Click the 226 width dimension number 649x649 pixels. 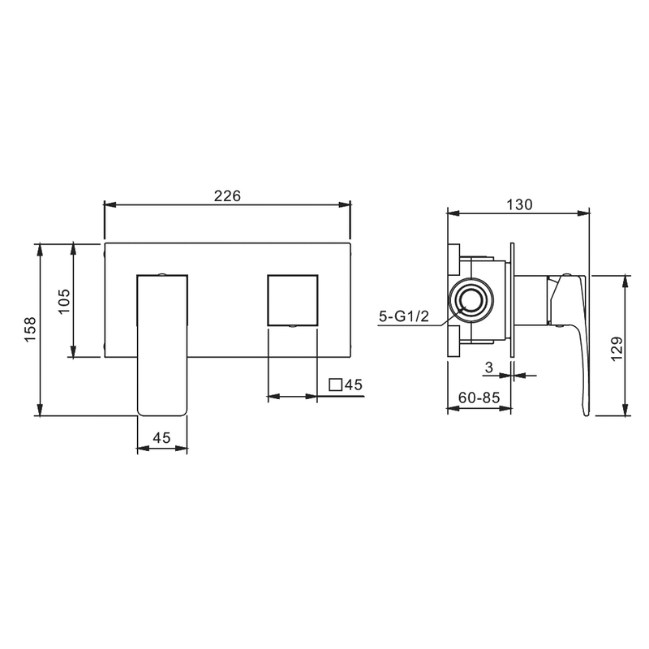coord(227,196)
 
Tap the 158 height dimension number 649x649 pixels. coord(31,329)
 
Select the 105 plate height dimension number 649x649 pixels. coord(64,301)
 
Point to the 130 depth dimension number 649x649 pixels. coord(519,204)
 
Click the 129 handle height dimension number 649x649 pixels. coord(617,349)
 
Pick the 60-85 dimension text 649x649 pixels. coord(479,398)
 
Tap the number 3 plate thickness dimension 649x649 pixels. coord(489,367)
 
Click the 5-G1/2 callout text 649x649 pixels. coord(404,316)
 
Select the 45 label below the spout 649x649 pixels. coord(161,437)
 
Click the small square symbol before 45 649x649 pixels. coord(335,385)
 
